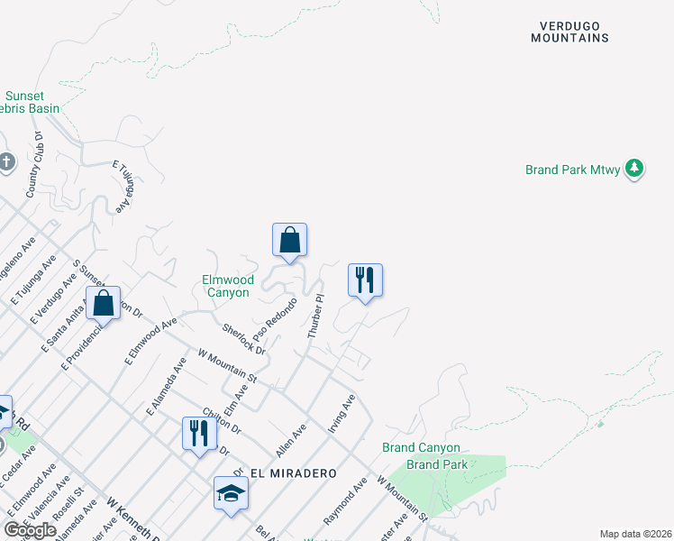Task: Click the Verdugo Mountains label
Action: click(569, 32)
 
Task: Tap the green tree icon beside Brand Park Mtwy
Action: click(635, 169)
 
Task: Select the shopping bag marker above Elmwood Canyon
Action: click(289, 241)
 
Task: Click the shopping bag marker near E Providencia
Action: click(104, 304)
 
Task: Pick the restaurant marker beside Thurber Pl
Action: click(365, 280)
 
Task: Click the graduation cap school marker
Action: click(231, 493)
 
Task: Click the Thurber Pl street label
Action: click(315, 316)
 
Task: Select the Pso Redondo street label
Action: click(281, 313)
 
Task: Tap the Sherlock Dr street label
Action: click(243, 338)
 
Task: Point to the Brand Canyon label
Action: click(421, 447)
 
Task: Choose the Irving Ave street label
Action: click(342, 413)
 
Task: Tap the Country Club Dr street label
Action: click(35, 164)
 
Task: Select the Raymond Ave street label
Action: click(345, 501)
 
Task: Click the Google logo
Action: click(31, 530)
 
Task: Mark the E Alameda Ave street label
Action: click(165, 385)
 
